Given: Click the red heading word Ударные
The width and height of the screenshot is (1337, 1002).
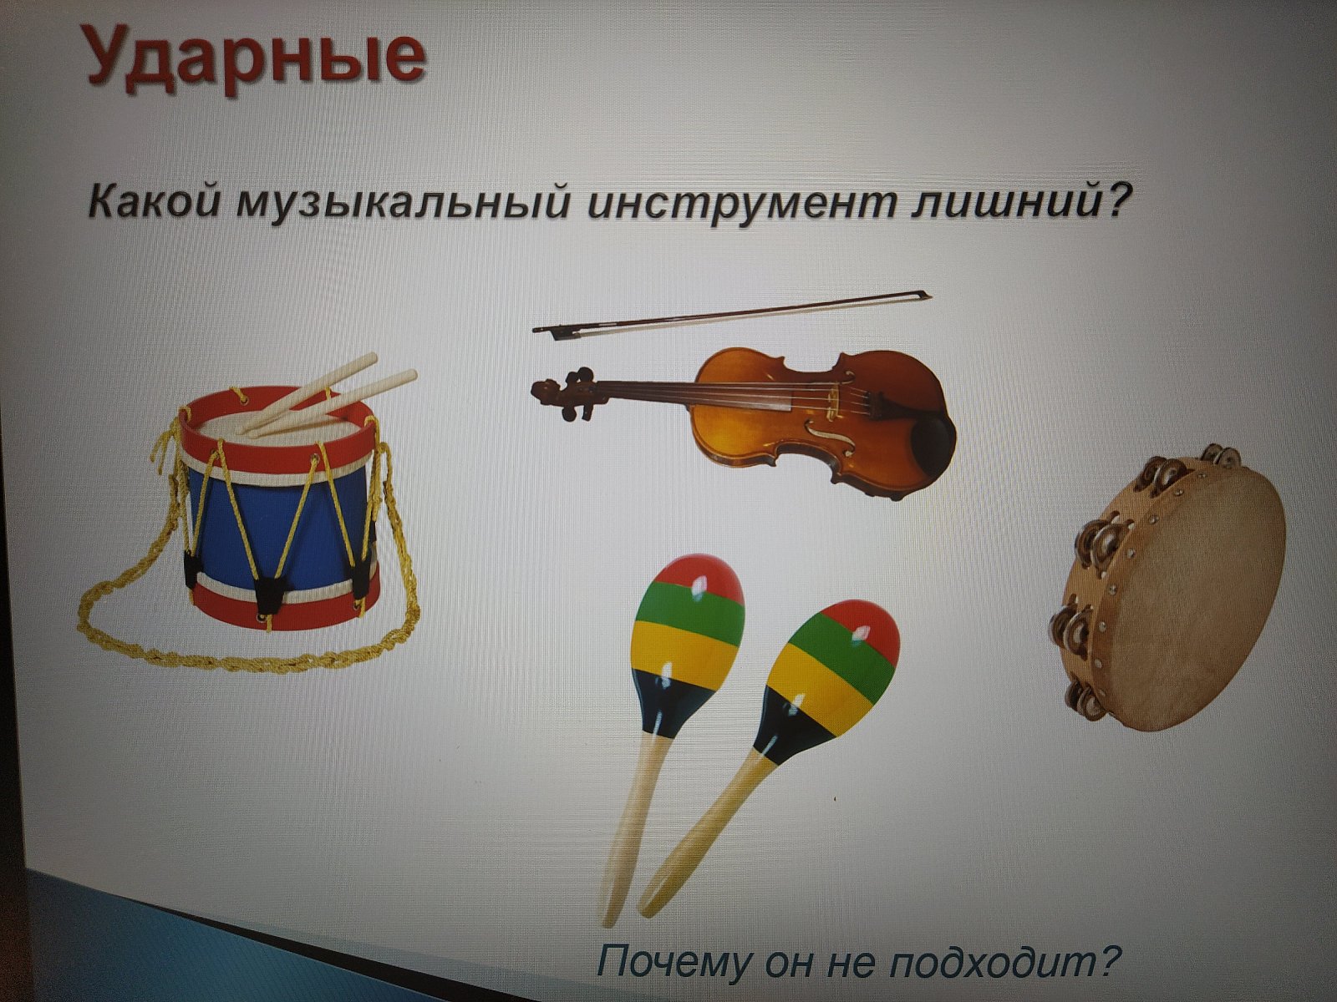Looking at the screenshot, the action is pyautogui.click(x=255, y=57).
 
